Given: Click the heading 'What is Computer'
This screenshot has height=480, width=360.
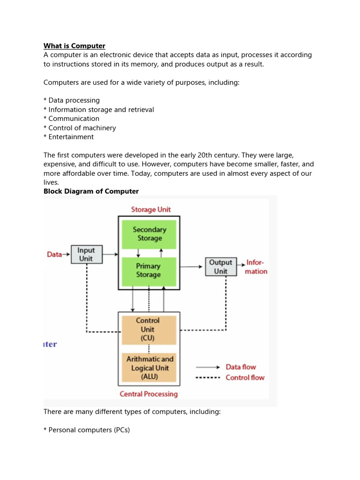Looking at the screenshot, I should (75, 45).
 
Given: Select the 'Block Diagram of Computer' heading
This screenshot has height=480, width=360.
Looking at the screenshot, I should (91, 191).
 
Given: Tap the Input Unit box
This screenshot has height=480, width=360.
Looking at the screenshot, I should (85, 255).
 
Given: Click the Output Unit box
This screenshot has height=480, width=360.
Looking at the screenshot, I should (220, 267).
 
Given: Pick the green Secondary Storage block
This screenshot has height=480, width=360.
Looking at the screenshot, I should (149, 234).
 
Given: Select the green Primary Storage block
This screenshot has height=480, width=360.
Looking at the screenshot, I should (149, 270).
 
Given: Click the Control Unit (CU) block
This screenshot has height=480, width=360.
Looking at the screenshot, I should (148, 329).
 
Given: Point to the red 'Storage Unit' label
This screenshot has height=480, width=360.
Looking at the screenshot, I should (150, 210).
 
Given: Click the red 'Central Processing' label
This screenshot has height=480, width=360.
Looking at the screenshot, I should (149, 394).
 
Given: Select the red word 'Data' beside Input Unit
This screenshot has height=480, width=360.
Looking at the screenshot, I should (55, 255).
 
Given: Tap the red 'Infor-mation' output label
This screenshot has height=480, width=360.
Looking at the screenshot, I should (256, 267).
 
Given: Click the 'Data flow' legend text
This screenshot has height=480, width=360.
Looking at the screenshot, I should (240, 367).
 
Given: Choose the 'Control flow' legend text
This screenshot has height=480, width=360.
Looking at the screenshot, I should (245, 377).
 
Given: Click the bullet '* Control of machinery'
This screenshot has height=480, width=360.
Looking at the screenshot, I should (80, 128).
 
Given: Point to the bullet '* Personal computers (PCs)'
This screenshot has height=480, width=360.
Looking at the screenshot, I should (86, 430).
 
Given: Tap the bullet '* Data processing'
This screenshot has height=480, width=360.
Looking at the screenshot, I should (72, 100).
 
